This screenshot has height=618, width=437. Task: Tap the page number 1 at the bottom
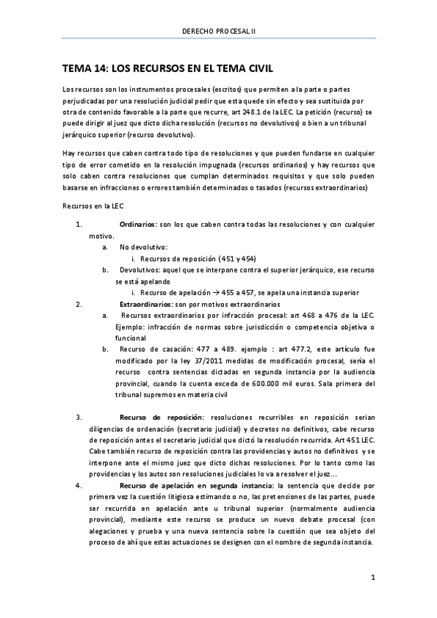coord(372,579)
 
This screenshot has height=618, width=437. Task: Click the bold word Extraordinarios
coord(144,302)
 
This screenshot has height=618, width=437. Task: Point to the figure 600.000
coord(274,384)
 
